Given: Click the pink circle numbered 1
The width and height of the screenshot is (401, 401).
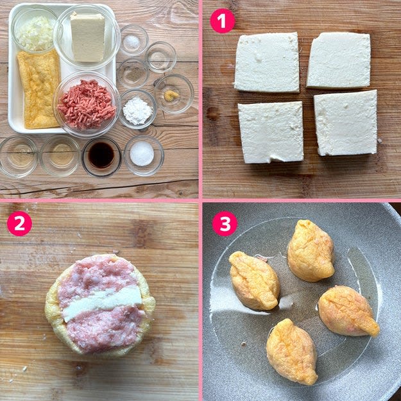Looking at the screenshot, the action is (x=222, y=21).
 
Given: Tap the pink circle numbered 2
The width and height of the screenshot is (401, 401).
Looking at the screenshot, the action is (x=19, y=223).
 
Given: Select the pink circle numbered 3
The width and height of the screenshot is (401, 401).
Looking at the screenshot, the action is (x=225, y=223).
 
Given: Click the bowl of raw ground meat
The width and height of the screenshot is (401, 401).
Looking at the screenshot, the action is (x=87, y=104).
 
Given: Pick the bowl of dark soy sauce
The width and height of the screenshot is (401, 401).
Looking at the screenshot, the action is (x=101, y=156).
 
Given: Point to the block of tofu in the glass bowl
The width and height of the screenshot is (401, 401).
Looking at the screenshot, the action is (x=87, y=37).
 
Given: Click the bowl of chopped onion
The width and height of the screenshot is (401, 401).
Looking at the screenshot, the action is (x=35, y=31).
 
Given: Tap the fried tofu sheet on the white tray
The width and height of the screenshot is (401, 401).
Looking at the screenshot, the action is (x=39, y=89).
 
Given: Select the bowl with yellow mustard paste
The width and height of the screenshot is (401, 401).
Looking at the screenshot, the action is (x=174, y=93).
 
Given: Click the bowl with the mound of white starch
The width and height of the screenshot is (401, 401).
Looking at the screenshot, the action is (x=137, y=109).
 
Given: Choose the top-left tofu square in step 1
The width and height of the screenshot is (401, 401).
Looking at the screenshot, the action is (x=267, y=62).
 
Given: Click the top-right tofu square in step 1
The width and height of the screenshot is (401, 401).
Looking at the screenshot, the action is (x=339, y=60).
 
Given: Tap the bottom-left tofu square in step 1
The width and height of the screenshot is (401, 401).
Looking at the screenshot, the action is (x=271, y=132).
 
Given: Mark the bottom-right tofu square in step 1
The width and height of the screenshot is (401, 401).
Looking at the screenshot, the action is (x=346, y=123).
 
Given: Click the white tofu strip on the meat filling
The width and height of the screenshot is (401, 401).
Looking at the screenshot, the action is (x=102, y=303).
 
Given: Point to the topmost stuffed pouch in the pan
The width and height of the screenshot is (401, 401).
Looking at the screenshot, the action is (x=311, y=250).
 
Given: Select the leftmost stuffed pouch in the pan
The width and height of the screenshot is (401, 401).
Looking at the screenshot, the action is (x=254, y=280).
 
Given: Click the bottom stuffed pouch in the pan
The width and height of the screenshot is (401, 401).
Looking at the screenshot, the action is (x=292, y=352).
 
